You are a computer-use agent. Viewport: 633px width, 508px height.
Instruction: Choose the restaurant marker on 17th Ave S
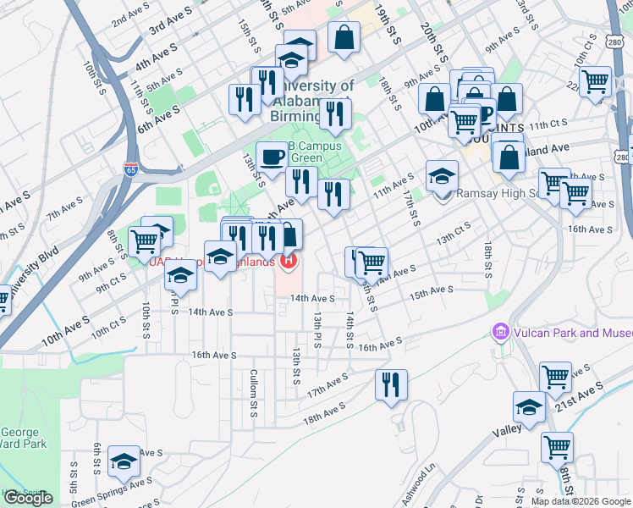391,384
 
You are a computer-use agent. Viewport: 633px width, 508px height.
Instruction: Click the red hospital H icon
289,261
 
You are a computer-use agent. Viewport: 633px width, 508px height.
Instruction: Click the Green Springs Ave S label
111,490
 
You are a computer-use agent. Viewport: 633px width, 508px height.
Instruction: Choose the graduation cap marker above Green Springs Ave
124,461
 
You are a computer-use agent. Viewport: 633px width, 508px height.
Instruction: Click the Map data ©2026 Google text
581,501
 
